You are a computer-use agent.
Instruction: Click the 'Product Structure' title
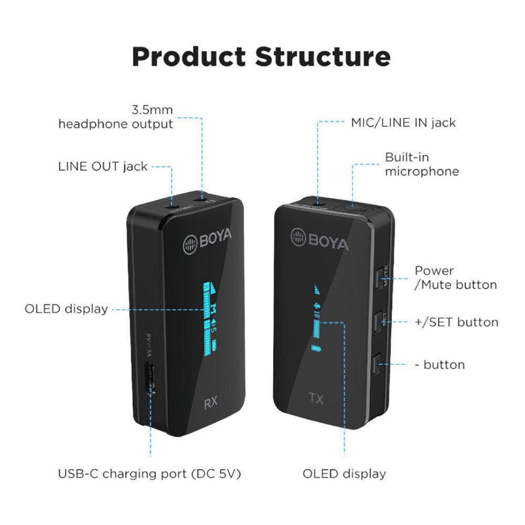coord(261,57)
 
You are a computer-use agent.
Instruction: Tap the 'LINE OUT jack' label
coord(102,167)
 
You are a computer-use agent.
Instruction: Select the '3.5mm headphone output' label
coord(115,117)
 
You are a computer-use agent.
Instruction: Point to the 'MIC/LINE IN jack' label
coord(403,123)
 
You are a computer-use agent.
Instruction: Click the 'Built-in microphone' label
coord(422,164)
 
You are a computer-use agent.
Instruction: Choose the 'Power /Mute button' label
coord(455,278)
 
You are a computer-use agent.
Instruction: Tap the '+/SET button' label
coord(456,322)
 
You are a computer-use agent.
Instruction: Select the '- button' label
coord(444,364)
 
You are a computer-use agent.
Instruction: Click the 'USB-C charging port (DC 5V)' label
coord(150,474)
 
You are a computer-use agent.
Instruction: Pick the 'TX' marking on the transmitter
coord(316,398)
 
